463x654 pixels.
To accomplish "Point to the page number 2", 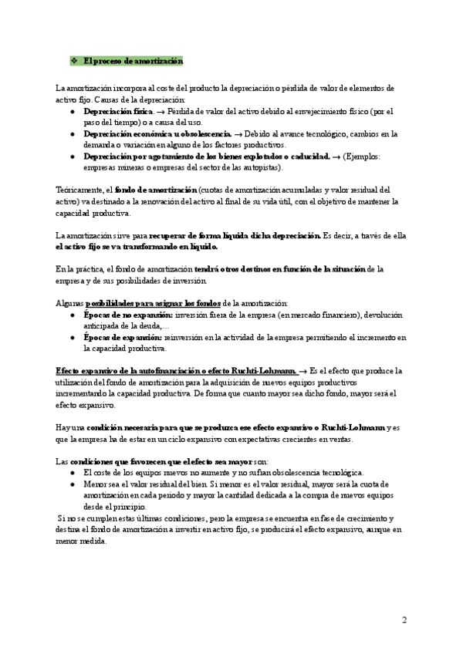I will point(404,620).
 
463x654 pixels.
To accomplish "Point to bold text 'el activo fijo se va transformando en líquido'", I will point(137,246).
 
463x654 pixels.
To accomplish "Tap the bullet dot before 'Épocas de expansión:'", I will point(72,338).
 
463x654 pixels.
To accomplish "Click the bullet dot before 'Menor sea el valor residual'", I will point(72,484).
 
